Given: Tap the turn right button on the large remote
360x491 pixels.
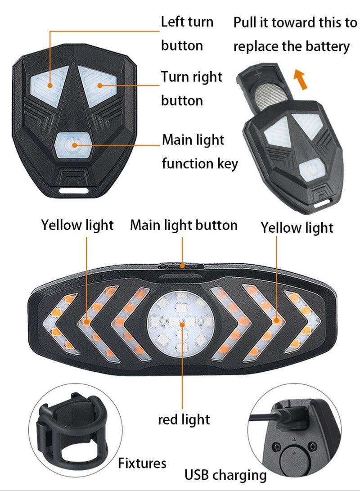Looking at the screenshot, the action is click(98, 85).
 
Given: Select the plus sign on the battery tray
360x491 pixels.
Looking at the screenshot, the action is click(258, 75).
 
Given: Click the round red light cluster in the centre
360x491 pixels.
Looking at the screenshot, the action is click(181, 324).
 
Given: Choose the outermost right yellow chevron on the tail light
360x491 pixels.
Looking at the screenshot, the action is click(302, 321).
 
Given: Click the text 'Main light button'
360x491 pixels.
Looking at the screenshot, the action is click(184, 225).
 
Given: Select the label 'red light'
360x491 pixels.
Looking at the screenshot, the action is click(184, 419).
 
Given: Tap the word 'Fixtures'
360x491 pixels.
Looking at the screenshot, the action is click(142, 463).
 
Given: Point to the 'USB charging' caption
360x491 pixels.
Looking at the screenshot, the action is click(225, 475).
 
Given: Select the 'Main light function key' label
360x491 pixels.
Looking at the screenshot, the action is click(200, 152).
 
